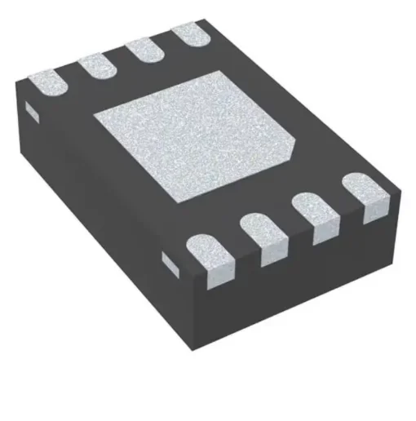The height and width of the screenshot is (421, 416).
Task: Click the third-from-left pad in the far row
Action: tap(145, 51)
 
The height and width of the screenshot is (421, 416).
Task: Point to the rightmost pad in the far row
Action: tap(189, 38)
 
